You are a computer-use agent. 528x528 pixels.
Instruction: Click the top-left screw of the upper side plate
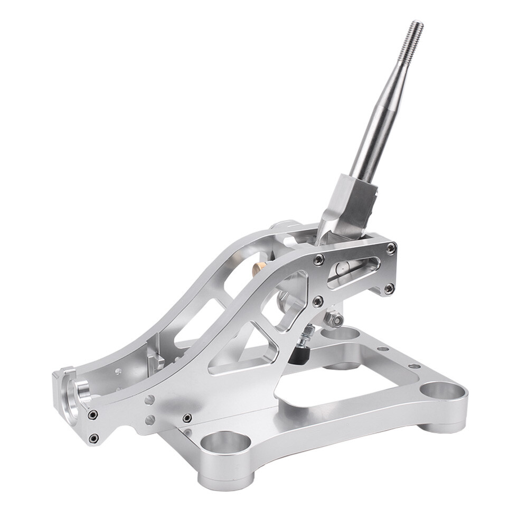[x=319, y=259]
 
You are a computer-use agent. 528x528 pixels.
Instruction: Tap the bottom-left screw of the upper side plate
[x=318, y=301]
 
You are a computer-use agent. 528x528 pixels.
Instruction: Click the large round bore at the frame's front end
[x=74, y=394]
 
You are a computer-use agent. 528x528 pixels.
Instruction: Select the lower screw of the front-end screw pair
[x=94, y=437]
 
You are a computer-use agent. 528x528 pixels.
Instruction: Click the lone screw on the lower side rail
[x=186, y=418]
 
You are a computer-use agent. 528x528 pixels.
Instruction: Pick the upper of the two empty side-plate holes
[x=150, y=400]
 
